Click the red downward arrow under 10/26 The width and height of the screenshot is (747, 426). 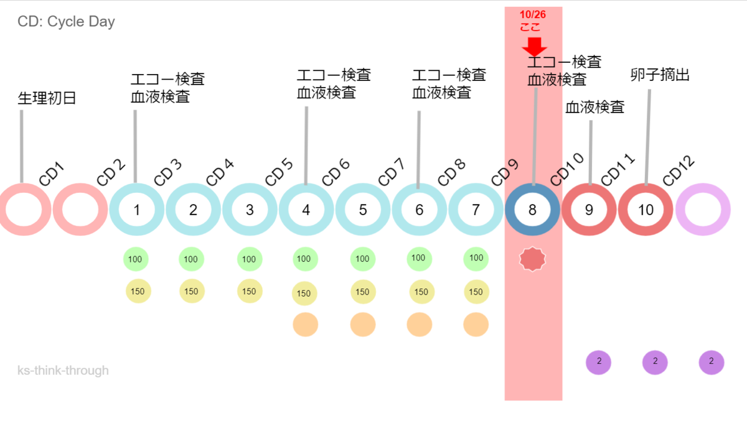pos(534,47)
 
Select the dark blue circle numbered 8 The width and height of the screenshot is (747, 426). pos(532,210)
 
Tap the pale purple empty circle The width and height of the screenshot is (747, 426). pos(702,210)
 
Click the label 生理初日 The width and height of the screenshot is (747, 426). pos(47,98)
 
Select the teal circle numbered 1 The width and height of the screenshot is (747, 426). pos(136,210)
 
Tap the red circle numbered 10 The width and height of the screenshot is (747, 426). pos(646,210)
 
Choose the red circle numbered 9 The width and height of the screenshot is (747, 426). pos(589,210)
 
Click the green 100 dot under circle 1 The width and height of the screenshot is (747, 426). pos(136,259)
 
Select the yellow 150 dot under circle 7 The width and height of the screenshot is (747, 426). pos(476,292)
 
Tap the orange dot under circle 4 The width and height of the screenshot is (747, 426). pos(305,325)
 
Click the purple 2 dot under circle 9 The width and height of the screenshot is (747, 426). pos(599,361)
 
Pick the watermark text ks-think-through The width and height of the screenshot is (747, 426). pos(63,371)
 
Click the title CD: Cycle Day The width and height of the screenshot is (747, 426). pos(66,22)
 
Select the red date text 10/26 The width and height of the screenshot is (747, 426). pos(533,14)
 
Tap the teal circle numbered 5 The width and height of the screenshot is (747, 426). pos(362,210)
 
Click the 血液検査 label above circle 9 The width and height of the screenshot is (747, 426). pos(594,107)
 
